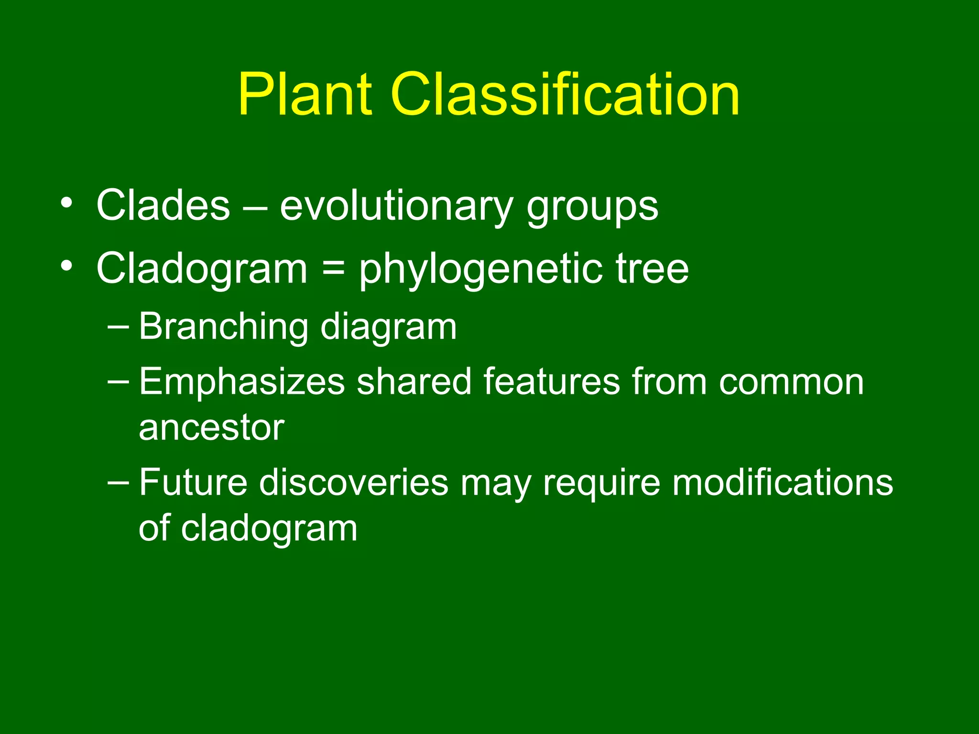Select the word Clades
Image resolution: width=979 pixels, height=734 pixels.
pyautogui.click(x=163, y=206)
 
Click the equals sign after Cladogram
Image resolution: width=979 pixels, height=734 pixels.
pyautogui.click(x=333, y=268)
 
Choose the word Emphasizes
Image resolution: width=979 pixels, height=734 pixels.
pyautogui.click(x=242, y=383)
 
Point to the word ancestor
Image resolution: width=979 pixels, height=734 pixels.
pyautogui.click(x=211, y=428)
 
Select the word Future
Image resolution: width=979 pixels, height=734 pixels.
pyautogui.click(x=193, y=482)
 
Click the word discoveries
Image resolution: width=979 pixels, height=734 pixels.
pyautogui.click(x=353, y=482)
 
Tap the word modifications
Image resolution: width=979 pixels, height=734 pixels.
pyautogui.click(x=783, y=482)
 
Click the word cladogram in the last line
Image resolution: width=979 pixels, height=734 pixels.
pyautogui.click(x=269, y=529)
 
